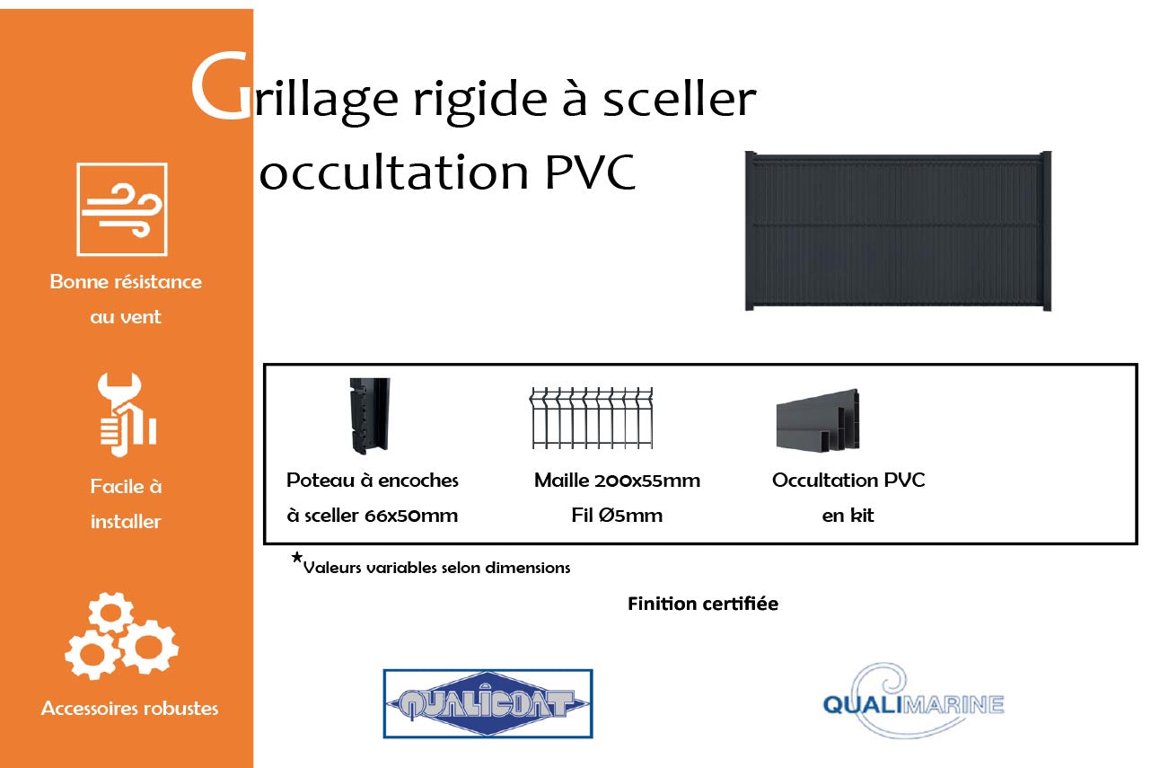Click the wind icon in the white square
tap(122, 209)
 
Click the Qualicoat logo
tap(488, 703)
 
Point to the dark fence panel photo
tap(898, 232)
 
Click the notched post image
tap(369, 414)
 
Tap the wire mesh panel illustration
tap(591, 418)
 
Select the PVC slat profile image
tap(817, 419)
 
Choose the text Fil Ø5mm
tap(617, 516)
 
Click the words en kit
tap(848, 516)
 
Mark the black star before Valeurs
tap(296, 558)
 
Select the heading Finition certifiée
tap(702, 604)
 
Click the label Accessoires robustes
tap(129, 709)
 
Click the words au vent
tap(126, 317)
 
